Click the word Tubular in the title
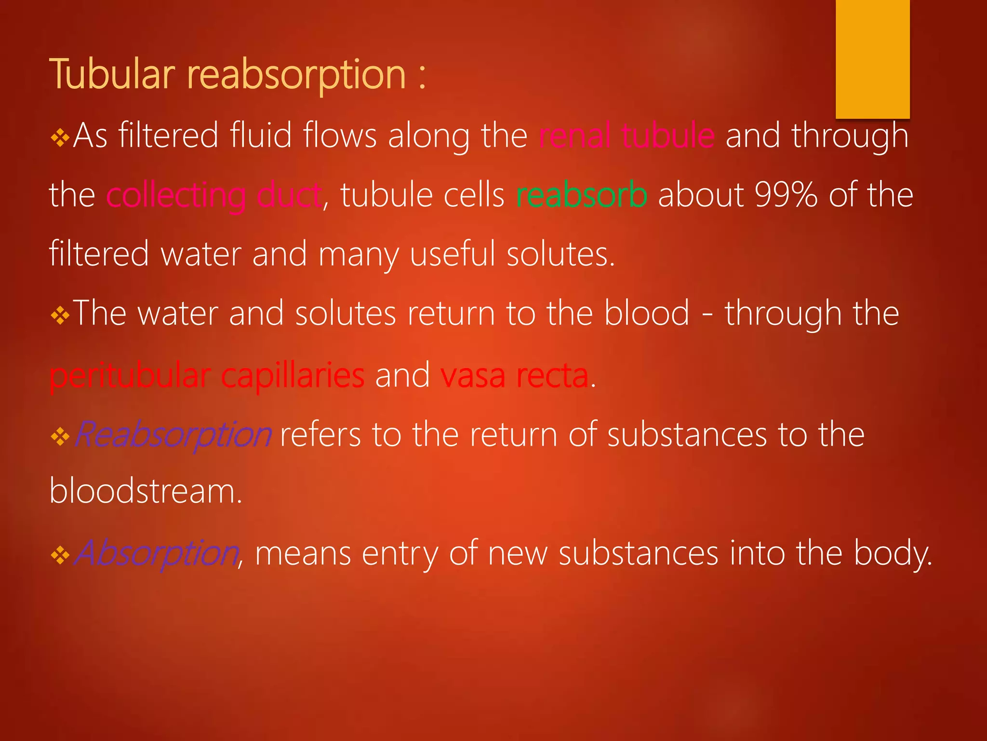(112, 75)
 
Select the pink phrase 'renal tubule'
(627, 136)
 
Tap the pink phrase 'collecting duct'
(214, 195)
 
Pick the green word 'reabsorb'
(581, 195)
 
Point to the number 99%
(786, 195)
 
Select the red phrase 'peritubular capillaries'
(207, 375)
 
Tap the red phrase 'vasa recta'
(514, 375)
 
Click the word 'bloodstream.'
(146, 492)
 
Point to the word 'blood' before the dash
(647, 314)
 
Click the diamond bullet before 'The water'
(60, 316)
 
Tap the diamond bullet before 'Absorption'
(60, 555)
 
